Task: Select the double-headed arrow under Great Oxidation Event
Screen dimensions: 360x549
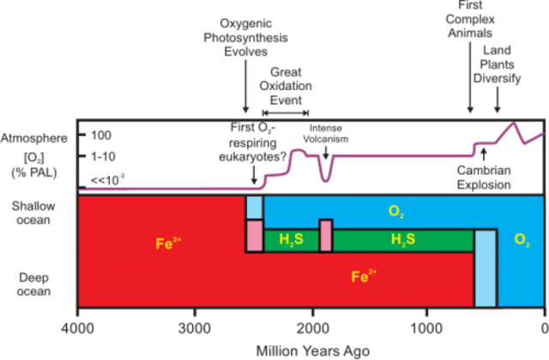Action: [285, 112]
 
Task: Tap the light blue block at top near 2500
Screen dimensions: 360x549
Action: [254, 207]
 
